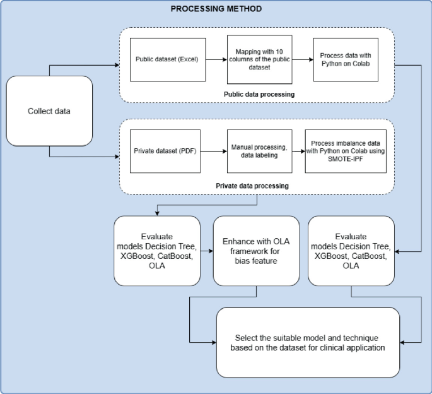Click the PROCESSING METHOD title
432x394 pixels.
tap(216, 9)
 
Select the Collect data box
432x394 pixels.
tap(49, 111)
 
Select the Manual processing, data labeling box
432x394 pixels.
tap(259, 152)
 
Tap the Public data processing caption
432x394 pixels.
tap(259, 93)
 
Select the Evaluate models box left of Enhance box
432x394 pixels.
tap(157, 250)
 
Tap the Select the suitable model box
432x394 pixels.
tap(308, 342)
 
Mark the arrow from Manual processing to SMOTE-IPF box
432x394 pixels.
tap(298, 152)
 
